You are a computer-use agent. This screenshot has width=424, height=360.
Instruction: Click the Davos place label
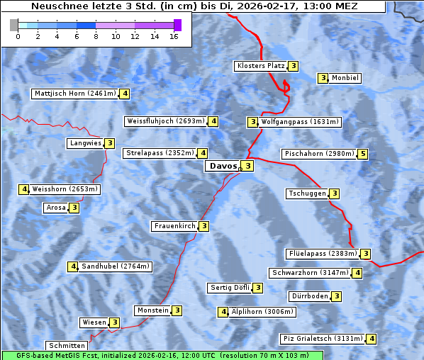pyautogui.click(x=223, y=166)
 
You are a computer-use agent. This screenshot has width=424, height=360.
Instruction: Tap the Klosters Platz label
pyautogui.click(x=260, y=66)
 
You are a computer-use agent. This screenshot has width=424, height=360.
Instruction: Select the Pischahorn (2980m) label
pyautogui.click(x=318, y=154)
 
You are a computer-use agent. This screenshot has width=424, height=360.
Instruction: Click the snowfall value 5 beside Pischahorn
pyautogui.click(x=363, y=154)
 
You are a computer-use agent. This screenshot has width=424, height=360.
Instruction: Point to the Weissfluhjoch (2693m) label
pyautogui.click(x=166, y=121)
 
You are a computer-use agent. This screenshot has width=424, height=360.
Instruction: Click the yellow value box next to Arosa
pyautogui.click(x=74, y=208)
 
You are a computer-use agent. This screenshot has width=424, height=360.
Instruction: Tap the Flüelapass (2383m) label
pyautogui.click(x=322, y=254)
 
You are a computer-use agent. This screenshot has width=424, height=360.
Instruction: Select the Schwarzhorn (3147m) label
pyautogui.click(x=311, y=273)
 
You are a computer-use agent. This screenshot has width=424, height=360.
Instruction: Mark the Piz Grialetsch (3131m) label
pyautogui.click(x=323, y=339)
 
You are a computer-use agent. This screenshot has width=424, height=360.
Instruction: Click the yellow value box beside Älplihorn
pyautogui.click(x=223, y=312)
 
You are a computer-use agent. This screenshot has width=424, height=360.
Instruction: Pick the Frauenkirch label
pyautogui.click(x=174, y=226)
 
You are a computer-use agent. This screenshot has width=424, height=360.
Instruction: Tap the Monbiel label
pyautogui.click(x=345, y=78)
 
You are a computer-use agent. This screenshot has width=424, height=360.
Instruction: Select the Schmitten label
pyautogui.click(x=69, y=346)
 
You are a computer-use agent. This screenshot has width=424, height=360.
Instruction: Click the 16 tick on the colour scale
pyautogui.click(x=173, y=35)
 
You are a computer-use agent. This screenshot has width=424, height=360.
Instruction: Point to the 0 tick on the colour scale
pyautogui.click(x=18, y=35)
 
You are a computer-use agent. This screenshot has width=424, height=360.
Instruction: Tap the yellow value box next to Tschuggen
pyautogui.click(x=334, y=193)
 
